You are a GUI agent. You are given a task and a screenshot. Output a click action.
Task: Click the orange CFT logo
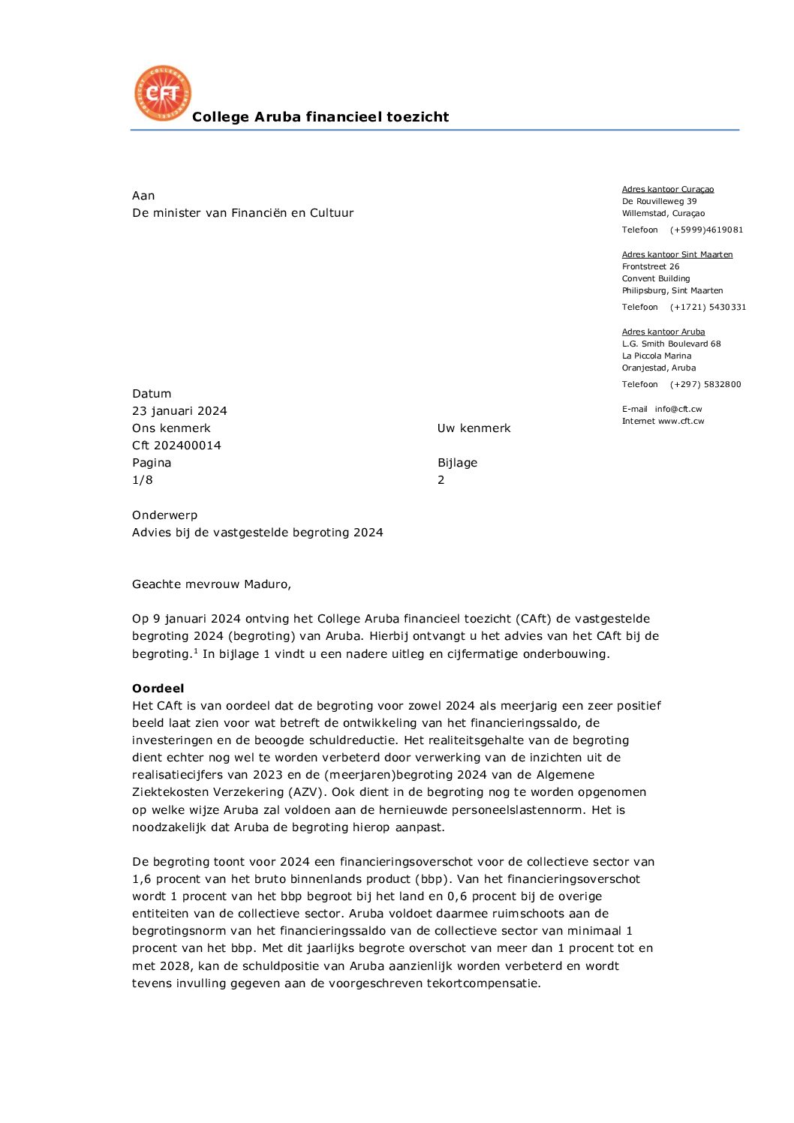tap(163, 93)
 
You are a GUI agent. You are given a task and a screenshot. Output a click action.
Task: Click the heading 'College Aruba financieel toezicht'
tap(320, 117)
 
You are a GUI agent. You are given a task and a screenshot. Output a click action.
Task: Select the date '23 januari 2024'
tap(179, 411)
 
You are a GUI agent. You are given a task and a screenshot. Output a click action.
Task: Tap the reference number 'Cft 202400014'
tap(176, 446)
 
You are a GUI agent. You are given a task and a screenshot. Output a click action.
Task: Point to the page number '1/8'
tap(143, 480)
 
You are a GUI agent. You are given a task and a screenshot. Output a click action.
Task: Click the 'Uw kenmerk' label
tap(474, 428)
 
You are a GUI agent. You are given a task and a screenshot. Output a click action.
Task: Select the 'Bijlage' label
tap(457, 463)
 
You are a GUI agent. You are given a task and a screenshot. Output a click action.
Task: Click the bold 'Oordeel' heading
tap(158, 689)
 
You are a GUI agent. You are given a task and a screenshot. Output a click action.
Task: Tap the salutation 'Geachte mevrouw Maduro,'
tap(212, 584)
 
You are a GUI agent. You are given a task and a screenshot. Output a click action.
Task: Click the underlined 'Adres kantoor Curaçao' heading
tap(668, 190)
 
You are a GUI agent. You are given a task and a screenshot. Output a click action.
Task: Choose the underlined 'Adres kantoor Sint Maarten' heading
tap(677, 255)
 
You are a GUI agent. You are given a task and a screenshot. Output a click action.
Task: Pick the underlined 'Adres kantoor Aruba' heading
tap(663, 332)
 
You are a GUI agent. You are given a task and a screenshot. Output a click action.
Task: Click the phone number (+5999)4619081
tap(706, 230)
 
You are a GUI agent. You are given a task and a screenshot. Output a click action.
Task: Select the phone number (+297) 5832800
tap(705, 385)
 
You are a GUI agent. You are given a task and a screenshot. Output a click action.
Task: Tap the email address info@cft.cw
tap(678, 410)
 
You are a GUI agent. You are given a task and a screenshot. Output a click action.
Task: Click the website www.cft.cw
tap(681, 422)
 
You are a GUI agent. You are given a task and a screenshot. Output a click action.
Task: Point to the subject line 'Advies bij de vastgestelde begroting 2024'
tap(257, 533)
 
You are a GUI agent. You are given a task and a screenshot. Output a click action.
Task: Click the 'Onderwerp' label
tap(164, 515)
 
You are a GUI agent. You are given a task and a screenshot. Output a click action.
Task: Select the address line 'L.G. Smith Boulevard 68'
tap(671, 344)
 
